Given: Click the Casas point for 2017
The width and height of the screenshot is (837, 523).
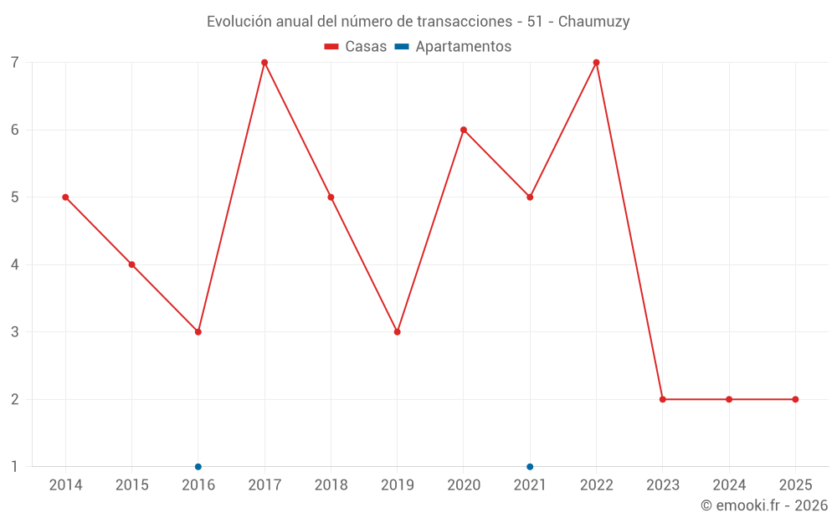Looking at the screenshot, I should pos(264,63).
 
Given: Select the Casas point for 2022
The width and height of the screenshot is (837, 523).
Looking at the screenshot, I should pos(596,63).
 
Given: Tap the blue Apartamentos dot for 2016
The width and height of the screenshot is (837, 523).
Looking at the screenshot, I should pos(198,467).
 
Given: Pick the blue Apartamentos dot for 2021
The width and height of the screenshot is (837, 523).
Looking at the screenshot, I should pos(530,467).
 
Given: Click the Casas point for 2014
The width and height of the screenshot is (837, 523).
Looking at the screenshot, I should pos(65,197).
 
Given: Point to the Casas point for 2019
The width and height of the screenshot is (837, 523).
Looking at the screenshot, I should pos(398,332).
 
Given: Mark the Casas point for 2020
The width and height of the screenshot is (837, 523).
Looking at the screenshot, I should pos(464,130).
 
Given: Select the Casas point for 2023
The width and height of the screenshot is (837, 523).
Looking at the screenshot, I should pos(663,399).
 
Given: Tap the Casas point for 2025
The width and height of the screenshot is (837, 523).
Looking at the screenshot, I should pos(795,399).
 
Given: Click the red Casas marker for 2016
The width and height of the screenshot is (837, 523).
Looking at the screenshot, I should pos(198,332).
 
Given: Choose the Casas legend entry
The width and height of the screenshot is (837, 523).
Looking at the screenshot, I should pos(356,47).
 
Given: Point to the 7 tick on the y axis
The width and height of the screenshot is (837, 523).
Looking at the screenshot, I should pos(15,63).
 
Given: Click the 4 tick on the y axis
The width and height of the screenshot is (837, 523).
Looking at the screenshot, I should pos(15,264).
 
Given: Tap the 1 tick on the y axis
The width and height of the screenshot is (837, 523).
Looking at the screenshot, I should pos(15,467).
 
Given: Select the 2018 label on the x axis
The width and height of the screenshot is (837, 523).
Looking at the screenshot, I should pos(331,485).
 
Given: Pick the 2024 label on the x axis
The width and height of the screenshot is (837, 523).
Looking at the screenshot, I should pos(729,485).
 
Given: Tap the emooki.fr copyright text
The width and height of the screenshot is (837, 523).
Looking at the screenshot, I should pos(764,505).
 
